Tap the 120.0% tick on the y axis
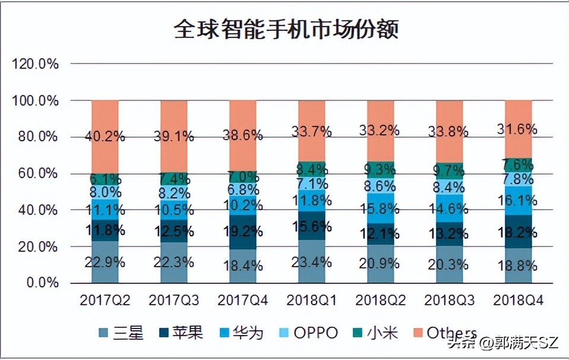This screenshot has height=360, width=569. click(36, 64)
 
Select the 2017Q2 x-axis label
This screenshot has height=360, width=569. click(105, 301)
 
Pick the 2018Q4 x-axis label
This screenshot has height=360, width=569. click(518, 301)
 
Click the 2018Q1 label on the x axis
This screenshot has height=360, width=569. click(311, 301)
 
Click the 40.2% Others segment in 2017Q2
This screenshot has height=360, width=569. click(105, 136)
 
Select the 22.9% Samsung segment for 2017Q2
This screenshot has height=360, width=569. click(105, 262)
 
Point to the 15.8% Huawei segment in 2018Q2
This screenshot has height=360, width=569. click(380, 209)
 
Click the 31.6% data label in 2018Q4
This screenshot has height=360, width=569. click(518, 129)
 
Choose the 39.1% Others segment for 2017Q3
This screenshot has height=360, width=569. click(174, 136)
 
